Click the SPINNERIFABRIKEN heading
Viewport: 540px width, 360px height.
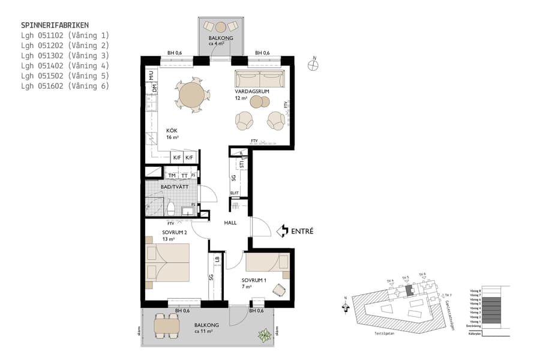pyautogui.click(x=55, y=25)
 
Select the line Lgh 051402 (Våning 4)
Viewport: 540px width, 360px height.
pyautogui.click(x=65, y=65)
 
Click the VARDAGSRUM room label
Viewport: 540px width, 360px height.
pyautogui.click(x=251, y=91)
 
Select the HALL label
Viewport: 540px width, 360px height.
pyautogui.click(x=230, y=223)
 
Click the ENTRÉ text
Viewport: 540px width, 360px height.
pyautogui.click(x=302, y=230)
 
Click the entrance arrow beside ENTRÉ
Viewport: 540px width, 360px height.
pyautogui.click(x=282, y=230)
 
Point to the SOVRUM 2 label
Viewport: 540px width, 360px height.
pyautogui.click(x=175, y=232)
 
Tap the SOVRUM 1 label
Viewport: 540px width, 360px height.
pyautogui.click(x=254, y=280)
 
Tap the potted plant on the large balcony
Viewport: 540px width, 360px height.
pyautogui.click(x=265, y=335)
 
